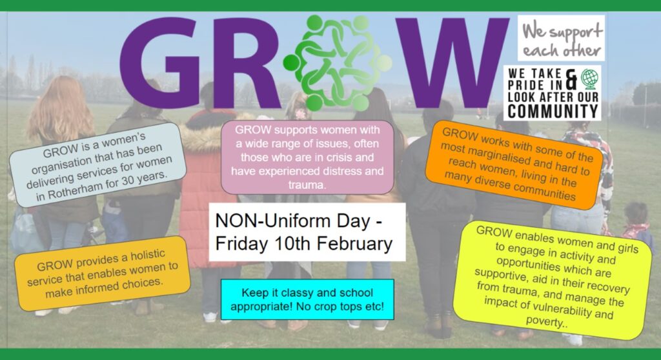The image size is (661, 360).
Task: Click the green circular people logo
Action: tap(337, 63)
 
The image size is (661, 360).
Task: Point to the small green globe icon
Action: tap(589, 79)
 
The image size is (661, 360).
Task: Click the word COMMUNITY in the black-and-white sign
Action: tap(553, 111)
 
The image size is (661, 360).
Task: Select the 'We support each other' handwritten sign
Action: tap(561, 38)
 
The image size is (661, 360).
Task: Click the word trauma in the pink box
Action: tap(307, 185)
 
